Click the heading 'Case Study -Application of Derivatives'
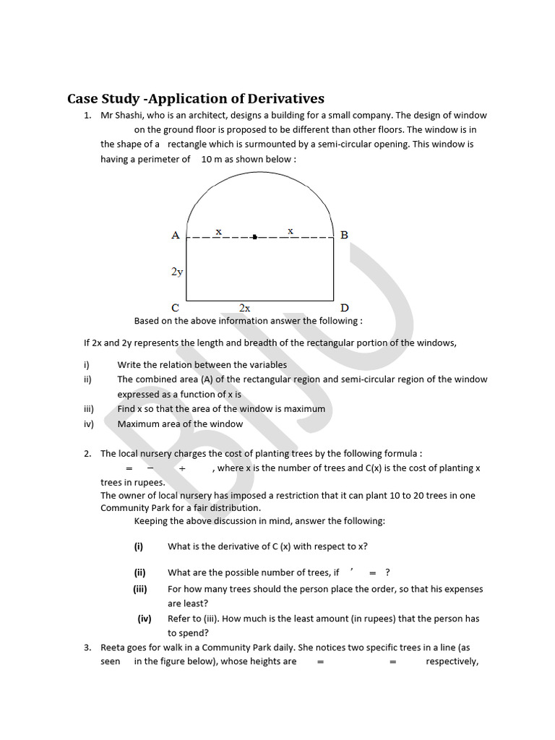195,98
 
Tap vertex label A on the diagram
176,235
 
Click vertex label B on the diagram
344,235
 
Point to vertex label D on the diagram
345,308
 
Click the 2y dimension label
177,272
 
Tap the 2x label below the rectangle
245,308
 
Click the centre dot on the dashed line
254,236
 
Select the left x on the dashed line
218,231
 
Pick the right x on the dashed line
291,231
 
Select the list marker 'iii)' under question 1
90,409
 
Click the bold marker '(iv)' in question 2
145,619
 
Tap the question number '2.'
87,454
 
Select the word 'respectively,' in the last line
452,661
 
